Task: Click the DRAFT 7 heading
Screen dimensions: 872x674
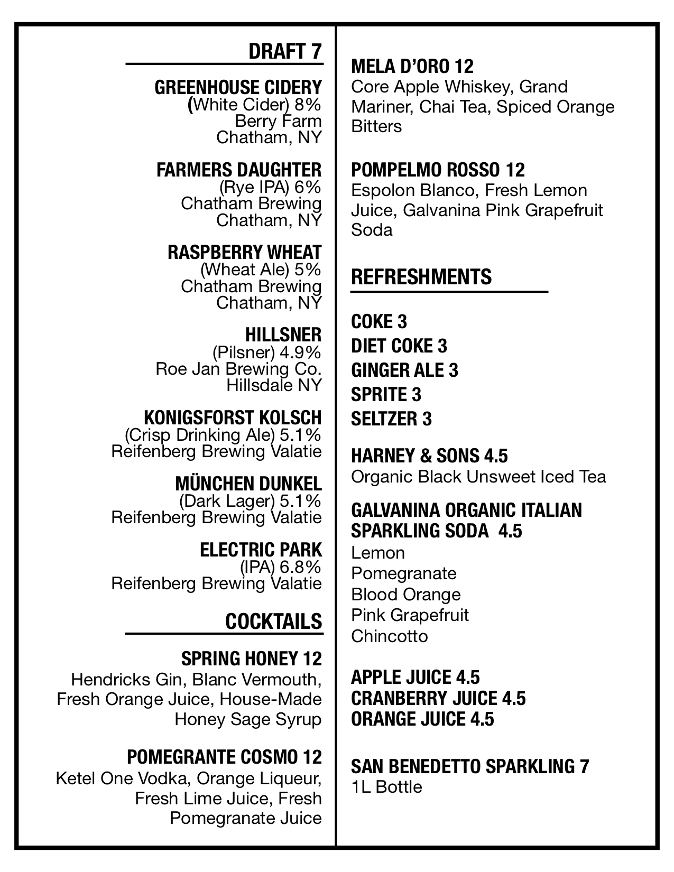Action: [284, 51]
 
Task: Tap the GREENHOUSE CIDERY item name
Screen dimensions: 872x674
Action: [238, 87]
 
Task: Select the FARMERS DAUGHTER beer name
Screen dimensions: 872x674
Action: [239, 170]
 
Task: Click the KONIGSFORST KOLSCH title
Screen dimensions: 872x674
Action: [233, 418]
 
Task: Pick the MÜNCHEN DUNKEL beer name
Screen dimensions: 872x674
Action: [248, 484]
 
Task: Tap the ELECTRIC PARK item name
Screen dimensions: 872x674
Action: [261, 550]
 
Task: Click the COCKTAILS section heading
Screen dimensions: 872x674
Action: [273, 621]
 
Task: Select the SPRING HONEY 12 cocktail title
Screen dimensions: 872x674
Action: [251, 658]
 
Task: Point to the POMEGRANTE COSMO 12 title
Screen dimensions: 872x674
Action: [224, 757]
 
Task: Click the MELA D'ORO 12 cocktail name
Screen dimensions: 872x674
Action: [412, 67]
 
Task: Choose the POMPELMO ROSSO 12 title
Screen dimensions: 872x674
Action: [438, 170]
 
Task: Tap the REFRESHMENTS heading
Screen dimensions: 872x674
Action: [421, 277]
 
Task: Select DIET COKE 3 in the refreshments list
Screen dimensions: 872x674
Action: [399, 346]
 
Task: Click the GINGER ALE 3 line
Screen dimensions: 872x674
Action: [404, 370]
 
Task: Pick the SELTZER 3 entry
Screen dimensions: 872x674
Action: [391, 419]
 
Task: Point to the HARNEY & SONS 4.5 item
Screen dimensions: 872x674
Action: [429, 456]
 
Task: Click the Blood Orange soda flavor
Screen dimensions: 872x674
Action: [406, 595]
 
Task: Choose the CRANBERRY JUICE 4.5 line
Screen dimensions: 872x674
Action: [438, 698]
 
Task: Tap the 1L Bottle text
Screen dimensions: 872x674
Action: [386, 787]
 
